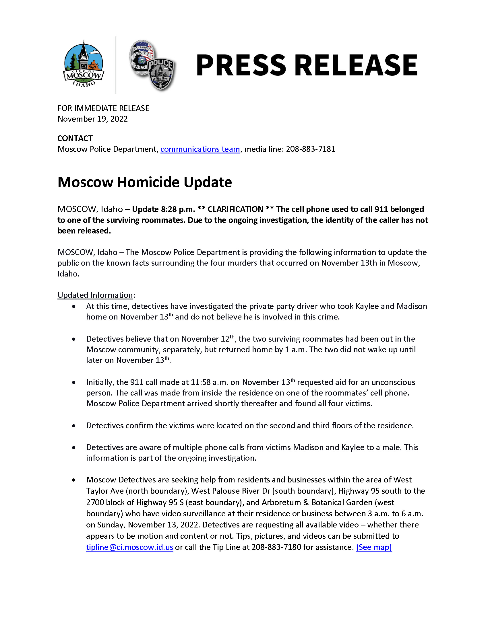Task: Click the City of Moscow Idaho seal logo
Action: click(x=84, y=64)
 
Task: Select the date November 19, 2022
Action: click(x=92, y=119)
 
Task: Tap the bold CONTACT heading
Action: click(x=75, y=139)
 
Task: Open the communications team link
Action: click(x=200, y=149)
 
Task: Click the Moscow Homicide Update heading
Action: click(x=145, y=182)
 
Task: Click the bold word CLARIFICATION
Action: click(x=235, y=209)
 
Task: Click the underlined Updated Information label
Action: click(x=95, y=295)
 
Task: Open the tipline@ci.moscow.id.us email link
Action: click(x=129, y=547)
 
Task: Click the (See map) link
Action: click(x=374, y=547)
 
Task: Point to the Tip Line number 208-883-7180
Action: click(x=276, y=547)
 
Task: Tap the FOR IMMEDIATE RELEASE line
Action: click(x=103, y=108)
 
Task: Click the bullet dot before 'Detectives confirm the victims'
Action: click(x=74, y=426)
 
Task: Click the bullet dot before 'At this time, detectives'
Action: click(x=74, y=306)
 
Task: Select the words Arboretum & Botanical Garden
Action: click(x=317, y=503)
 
